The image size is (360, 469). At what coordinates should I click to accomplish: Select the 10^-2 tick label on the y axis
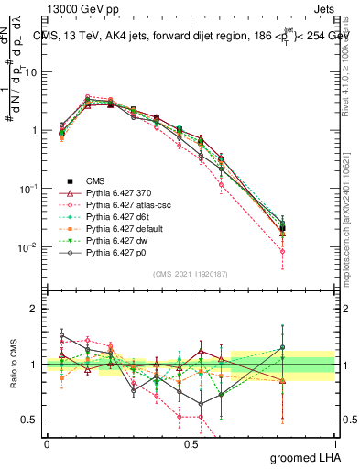tap(27, 247)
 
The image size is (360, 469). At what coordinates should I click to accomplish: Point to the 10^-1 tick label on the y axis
tap(27, 189)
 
